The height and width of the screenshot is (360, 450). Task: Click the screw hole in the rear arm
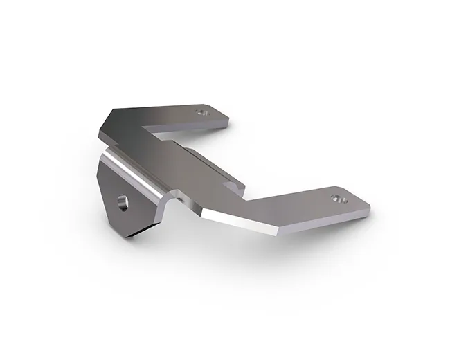[x=202, y=111]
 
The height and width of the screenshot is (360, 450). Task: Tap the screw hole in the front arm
[x=338, y=198]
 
